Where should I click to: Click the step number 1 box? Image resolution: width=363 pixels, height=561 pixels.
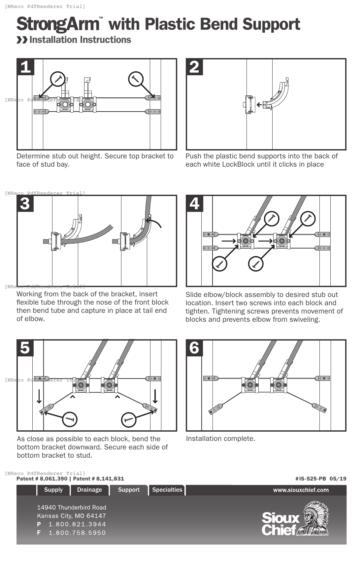(x=26, y=67)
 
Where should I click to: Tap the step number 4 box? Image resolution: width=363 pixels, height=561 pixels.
(x=195, y=204)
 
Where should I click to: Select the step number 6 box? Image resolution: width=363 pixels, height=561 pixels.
(x=194, y=348)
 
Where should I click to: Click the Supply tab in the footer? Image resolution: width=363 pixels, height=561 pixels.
(x=53, y=490)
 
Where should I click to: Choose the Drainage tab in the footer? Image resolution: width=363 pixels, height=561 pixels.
(x=89, y=490)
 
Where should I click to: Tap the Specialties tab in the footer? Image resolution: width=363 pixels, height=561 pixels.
(x=167, y=490)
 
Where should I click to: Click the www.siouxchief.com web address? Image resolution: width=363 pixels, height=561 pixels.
(x=301, y=490)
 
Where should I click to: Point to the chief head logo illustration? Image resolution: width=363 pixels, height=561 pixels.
(x=313, y=518)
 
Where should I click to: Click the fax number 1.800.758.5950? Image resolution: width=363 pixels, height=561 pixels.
(x=77, y=533)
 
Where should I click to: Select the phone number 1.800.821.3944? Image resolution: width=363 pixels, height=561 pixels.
(x=77, y=524)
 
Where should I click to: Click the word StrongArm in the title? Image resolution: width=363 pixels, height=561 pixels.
(x=58, y=24)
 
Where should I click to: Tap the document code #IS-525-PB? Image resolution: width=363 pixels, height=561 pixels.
(x=311, y=479)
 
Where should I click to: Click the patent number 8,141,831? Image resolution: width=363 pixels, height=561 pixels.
(x=110, y=479)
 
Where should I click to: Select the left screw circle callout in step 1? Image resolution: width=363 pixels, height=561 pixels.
(x=58, y=79)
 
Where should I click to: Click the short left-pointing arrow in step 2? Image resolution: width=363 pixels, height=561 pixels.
(x=259, y=105)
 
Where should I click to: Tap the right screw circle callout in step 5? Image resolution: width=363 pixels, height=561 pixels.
(x=129, y=420)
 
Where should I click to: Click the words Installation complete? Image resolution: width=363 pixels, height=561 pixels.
(x=220, y=439)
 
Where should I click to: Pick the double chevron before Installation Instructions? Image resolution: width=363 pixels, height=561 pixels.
(x=22, y=40)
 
